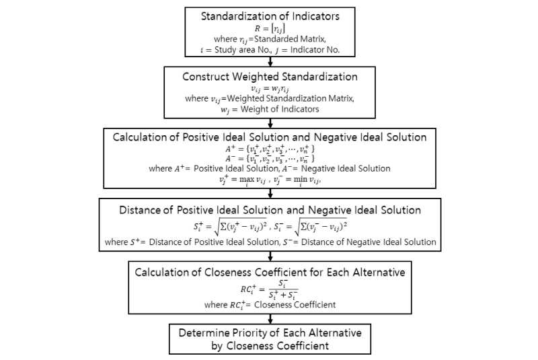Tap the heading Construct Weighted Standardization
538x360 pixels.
(269, 77)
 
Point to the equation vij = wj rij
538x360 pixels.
(268, 88)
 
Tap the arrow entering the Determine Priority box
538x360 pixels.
(269, 319)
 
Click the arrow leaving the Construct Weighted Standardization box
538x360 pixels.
(269, 122)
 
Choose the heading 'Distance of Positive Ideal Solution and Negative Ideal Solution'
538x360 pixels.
(269, 211)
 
